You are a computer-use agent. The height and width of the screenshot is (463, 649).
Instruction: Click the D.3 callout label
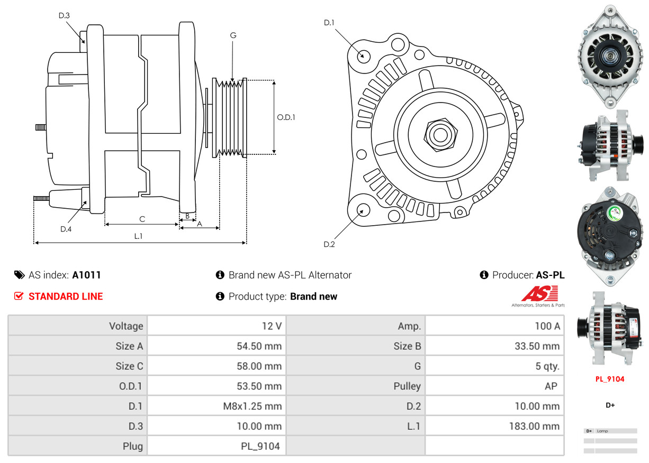64,15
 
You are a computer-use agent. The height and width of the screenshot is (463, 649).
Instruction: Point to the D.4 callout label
66,229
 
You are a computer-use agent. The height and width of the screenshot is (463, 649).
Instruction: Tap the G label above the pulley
233,35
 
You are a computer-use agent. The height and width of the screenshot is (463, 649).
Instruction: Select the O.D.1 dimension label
286,117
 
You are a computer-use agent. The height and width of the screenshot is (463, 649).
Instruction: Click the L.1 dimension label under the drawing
138,236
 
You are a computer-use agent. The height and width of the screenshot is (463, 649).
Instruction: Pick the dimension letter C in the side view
142,219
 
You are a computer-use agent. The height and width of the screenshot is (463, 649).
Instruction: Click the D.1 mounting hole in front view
363,55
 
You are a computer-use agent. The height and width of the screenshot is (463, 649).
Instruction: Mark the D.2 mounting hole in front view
362,210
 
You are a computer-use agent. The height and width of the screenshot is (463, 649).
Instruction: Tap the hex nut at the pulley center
439,134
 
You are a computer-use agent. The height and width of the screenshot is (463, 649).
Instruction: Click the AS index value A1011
86,275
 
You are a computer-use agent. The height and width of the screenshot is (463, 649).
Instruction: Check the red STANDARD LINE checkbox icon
19,296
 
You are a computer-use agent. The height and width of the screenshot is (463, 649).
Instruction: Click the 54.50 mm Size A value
259,346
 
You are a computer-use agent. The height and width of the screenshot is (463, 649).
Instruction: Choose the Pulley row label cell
407,386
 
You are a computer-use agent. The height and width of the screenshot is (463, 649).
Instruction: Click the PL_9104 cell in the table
260,446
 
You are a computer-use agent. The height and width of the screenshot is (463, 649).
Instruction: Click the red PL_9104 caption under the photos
610,379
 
